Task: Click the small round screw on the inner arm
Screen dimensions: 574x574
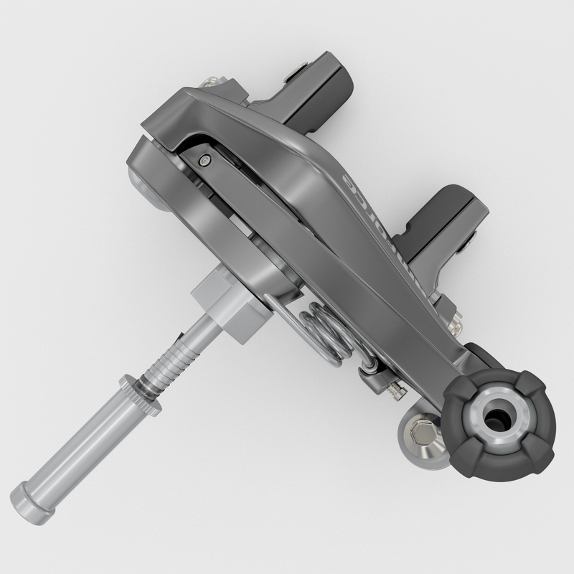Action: point(206,161)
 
